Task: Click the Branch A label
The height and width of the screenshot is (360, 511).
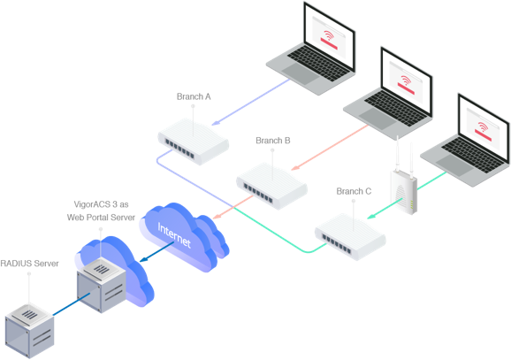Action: point(194,96)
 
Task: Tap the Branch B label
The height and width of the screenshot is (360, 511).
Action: point(273,141)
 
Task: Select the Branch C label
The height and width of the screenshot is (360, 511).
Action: point(354,191)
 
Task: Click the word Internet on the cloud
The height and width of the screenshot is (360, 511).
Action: point(173,234)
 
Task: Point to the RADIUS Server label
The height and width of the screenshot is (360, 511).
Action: point(30,264)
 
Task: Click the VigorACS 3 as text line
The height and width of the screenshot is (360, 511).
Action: point(101,204)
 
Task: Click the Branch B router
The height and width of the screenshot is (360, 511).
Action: point(271,186)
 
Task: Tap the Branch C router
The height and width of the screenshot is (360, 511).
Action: point(350,236)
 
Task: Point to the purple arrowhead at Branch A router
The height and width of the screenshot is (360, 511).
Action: point(216,123)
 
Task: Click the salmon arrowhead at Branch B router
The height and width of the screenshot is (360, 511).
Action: point(295,167)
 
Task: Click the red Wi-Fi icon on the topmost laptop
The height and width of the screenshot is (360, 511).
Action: point(329,34)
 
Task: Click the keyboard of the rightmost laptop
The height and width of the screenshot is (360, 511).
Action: point(473,154)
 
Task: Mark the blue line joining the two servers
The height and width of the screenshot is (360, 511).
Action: point(71,304)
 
